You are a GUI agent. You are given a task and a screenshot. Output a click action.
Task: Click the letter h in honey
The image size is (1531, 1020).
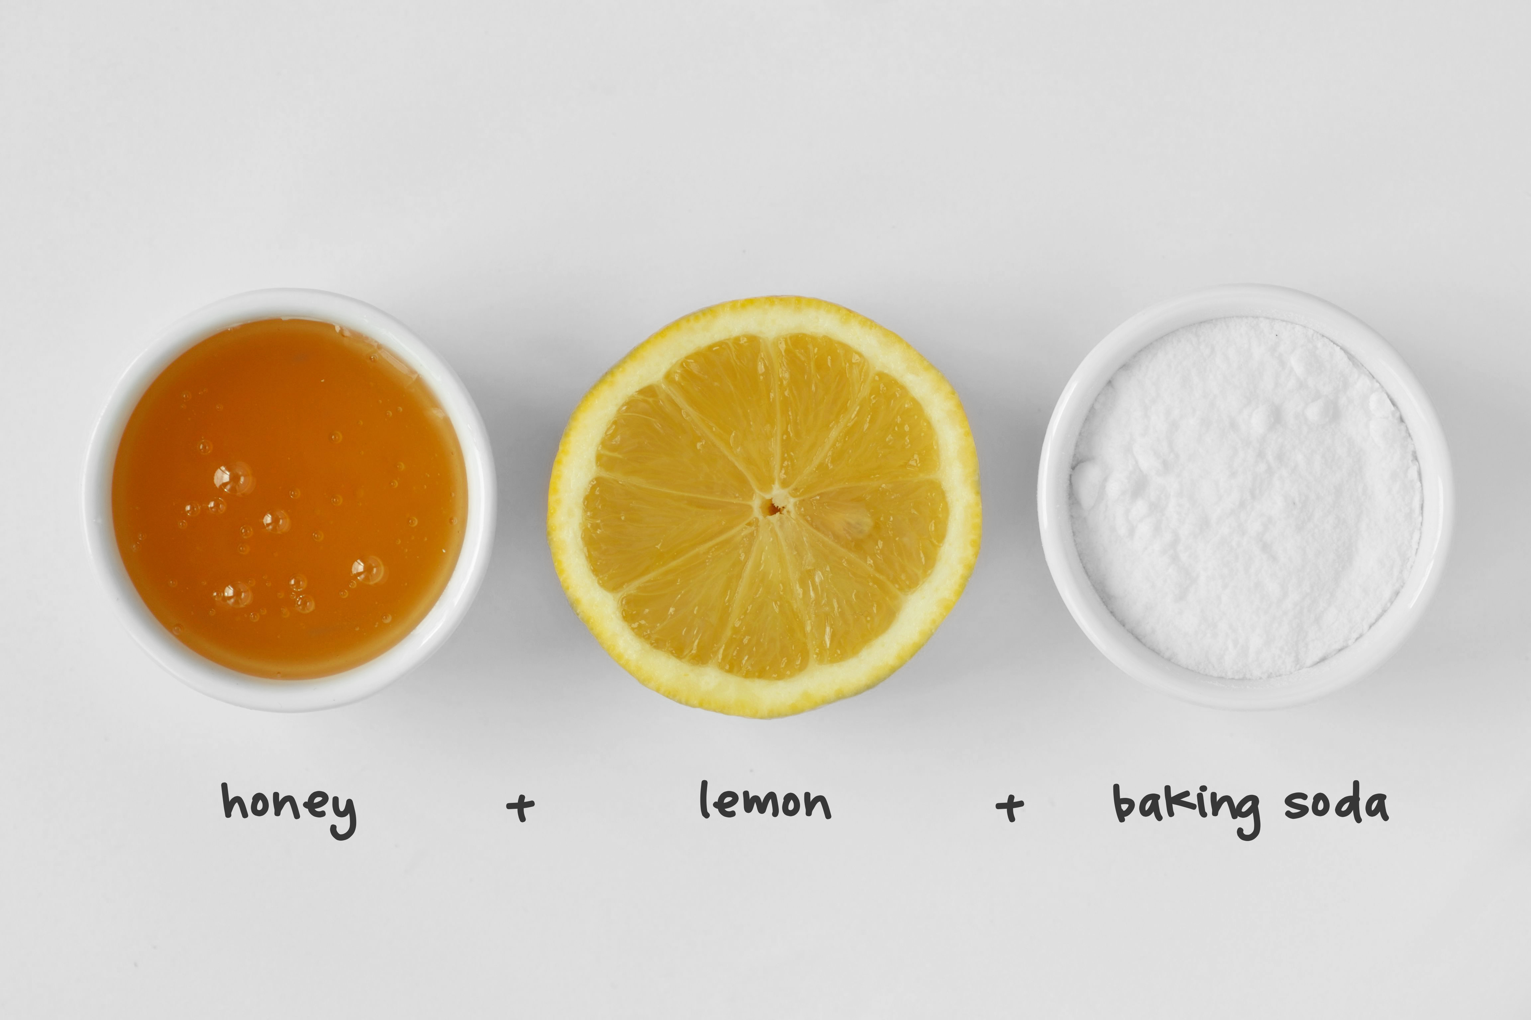[233, 800]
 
